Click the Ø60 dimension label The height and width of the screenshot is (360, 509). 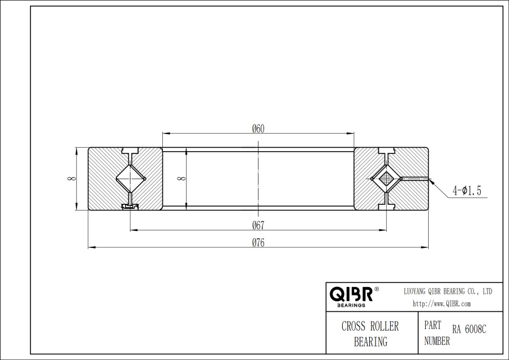(258, 128)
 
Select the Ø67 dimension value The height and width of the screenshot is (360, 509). (258, 225)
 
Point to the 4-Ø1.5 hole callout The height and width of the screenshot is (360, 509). (467, 191)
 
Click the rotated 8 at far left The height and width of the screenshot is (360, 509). (70, 179)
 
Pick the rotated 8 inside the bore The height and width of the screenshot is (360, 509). (180, 179)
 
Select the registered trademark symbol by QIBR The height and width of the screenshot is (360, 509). (377, 289)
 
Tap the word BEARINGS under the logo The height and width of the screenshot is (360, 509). (351, 305)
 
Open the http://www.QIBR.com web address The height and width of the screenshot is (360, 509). (442, 304)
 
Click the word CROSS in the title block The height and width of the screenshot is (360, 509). (354, 327)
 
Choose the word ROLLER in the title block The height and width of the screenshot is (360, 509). (384, 327)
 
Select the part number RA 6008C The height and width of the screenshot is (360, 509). (469, 329)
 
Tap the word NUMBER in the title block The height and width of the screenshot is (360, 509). (437, 341)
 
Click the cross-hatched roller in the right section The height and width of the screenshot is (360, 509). (386, 179)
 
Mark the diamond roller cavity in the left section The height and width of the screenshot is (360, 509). (131, 179)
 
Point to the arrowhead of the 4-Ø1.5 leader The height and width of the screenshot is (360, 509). (432, 181)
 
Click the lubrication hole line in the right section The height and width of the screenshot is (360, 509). (416, 179)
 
